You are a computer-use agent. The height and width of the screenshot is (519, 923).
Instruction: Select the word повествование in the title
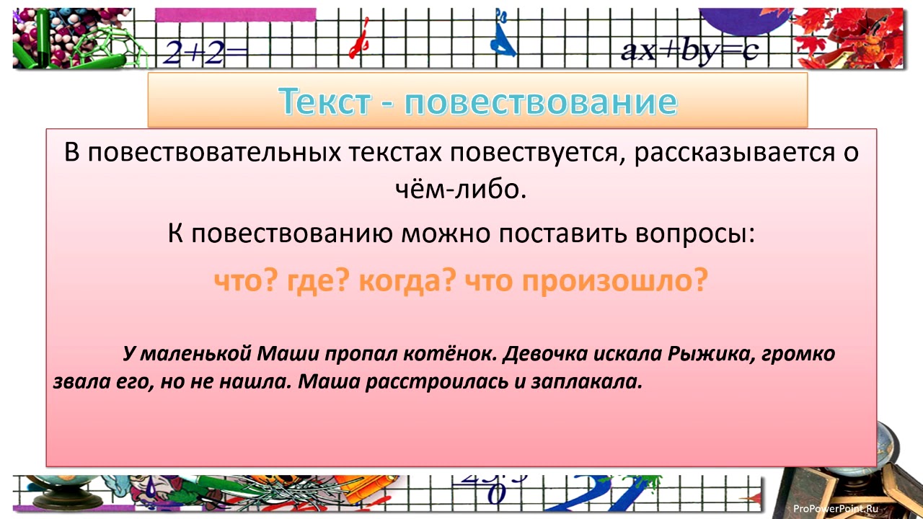tap(540, 102)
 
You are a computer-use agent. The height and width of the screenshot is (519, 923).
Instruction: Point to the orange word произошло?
tap(613, 281)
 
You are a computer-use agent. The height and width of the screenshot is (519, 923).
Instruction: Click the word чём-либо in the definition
tap(461, 190)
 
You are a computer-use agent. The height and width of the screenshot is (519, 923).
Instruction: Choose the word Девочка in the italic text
tap(544, 354)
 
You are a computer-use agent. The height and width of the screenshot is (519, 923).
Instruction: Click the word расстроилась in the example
tap(419, 381)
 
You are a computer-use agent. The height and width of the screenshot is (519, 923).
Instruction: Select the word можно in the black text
tap(441, 234)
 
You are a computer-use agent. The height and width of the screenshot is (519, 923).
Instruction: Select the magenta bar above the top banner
tap(235, 13)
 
